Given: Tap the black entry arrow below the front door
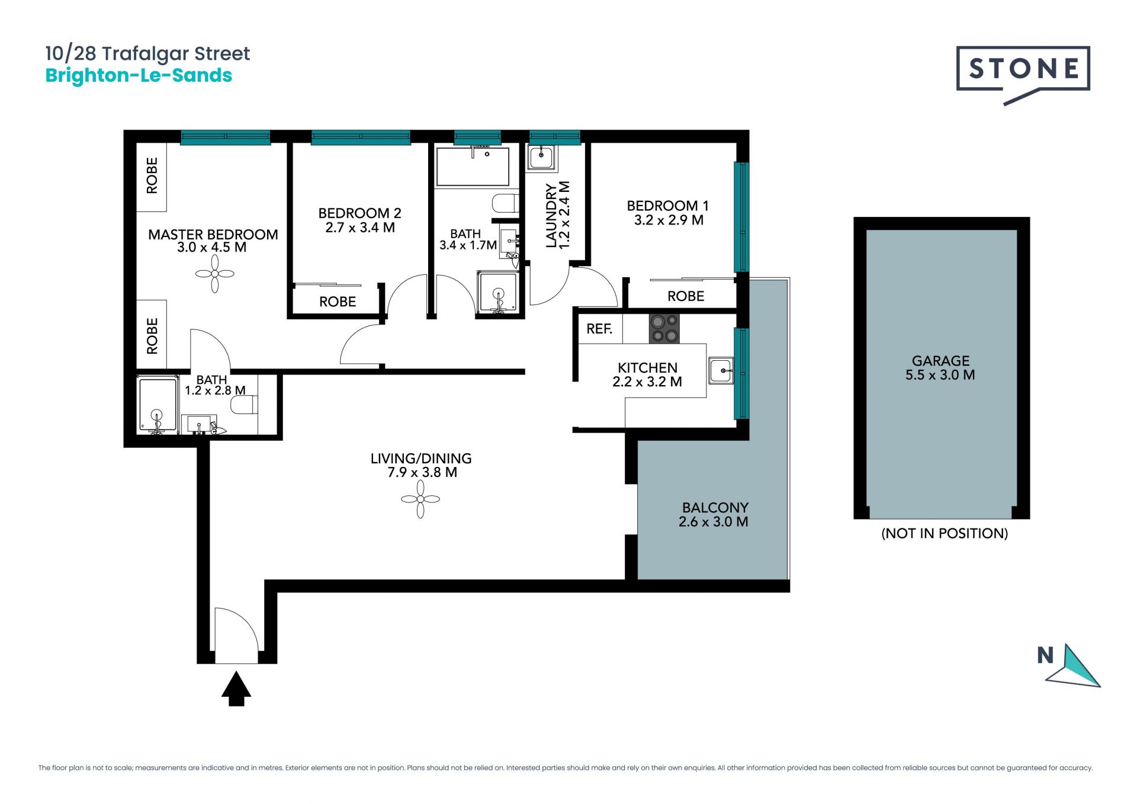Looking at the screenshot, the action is [236, 688].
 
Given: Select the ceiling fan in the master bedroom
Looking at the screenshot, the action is [215, 274].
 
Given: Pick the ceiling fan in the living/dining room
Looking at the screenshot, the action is [420, 499].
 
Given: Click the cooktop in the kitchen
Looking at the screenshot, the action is [664, 329].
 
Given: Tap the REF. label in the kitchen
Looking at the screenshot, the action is [599, 329].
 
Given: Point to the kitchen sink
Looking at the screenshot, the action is [721, 371].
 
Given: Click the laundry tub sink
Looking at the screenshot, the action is [541, 158].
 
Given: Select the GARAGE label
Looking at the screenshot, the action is [940, 361].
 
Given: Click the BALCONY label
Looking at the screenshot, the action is [715, 508].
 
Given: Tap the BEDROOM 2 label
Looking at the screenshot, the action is [359, 213].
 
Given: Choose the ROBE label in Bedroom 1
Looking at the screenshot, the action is [686, 296].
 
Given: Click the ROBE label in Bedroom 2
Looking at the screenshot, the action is [338, 302].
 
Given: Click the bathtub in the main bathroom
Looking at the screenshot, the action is [473, 166].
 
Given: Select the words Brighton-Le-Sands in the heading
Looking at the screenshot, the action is [139, 76].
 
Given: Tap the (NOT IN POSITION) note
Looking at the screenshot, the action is [945, 533].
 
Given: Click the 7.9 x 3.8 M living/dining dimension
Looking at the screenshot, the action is [422, 472].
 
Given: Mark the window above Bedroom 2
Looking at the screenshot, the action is [361, 137].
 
